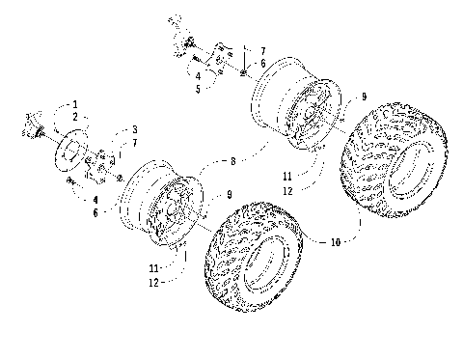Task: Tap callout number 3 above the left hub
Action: [135, 128]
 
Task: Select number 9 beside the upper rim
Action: [363, 97]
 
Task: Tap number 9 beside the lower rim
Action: [228, 195]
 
